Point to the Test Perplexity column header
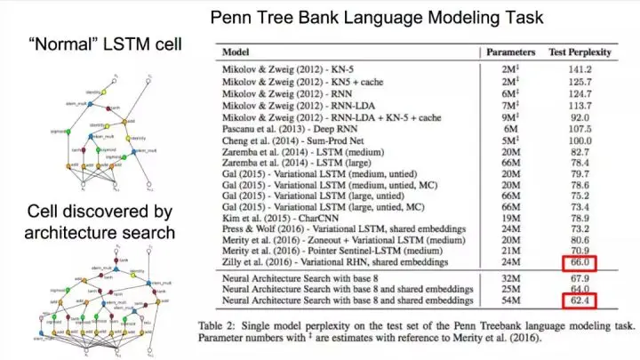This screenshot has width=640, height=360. [x=581, y=52]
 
